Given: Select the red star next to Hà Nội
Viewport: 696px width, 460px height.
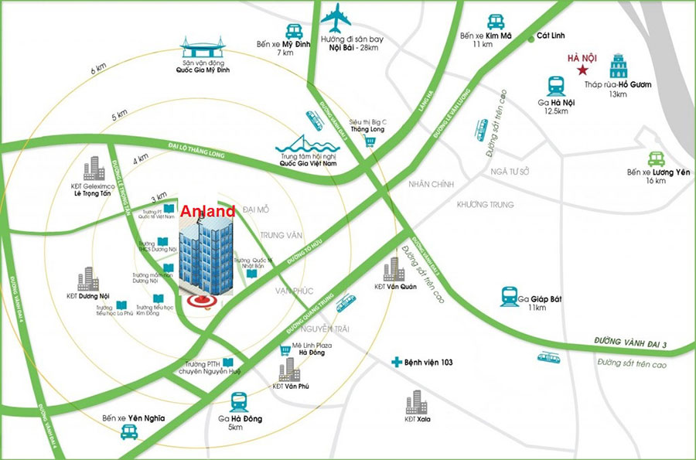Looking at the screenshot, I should pos(580,70).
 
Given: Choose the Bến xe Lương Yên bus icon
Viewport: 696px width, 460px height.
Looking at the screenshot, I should pos(657,158).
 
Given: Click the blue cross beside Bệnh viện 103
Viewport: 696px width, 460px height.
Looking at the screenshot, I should pos(397,362).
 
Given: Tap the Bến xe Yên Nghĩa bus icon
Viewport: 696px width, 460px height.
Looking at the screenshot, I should pos(128,434).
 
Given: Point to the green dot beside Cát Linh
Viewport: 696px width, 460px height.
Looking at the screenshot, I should pos(531,36).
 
